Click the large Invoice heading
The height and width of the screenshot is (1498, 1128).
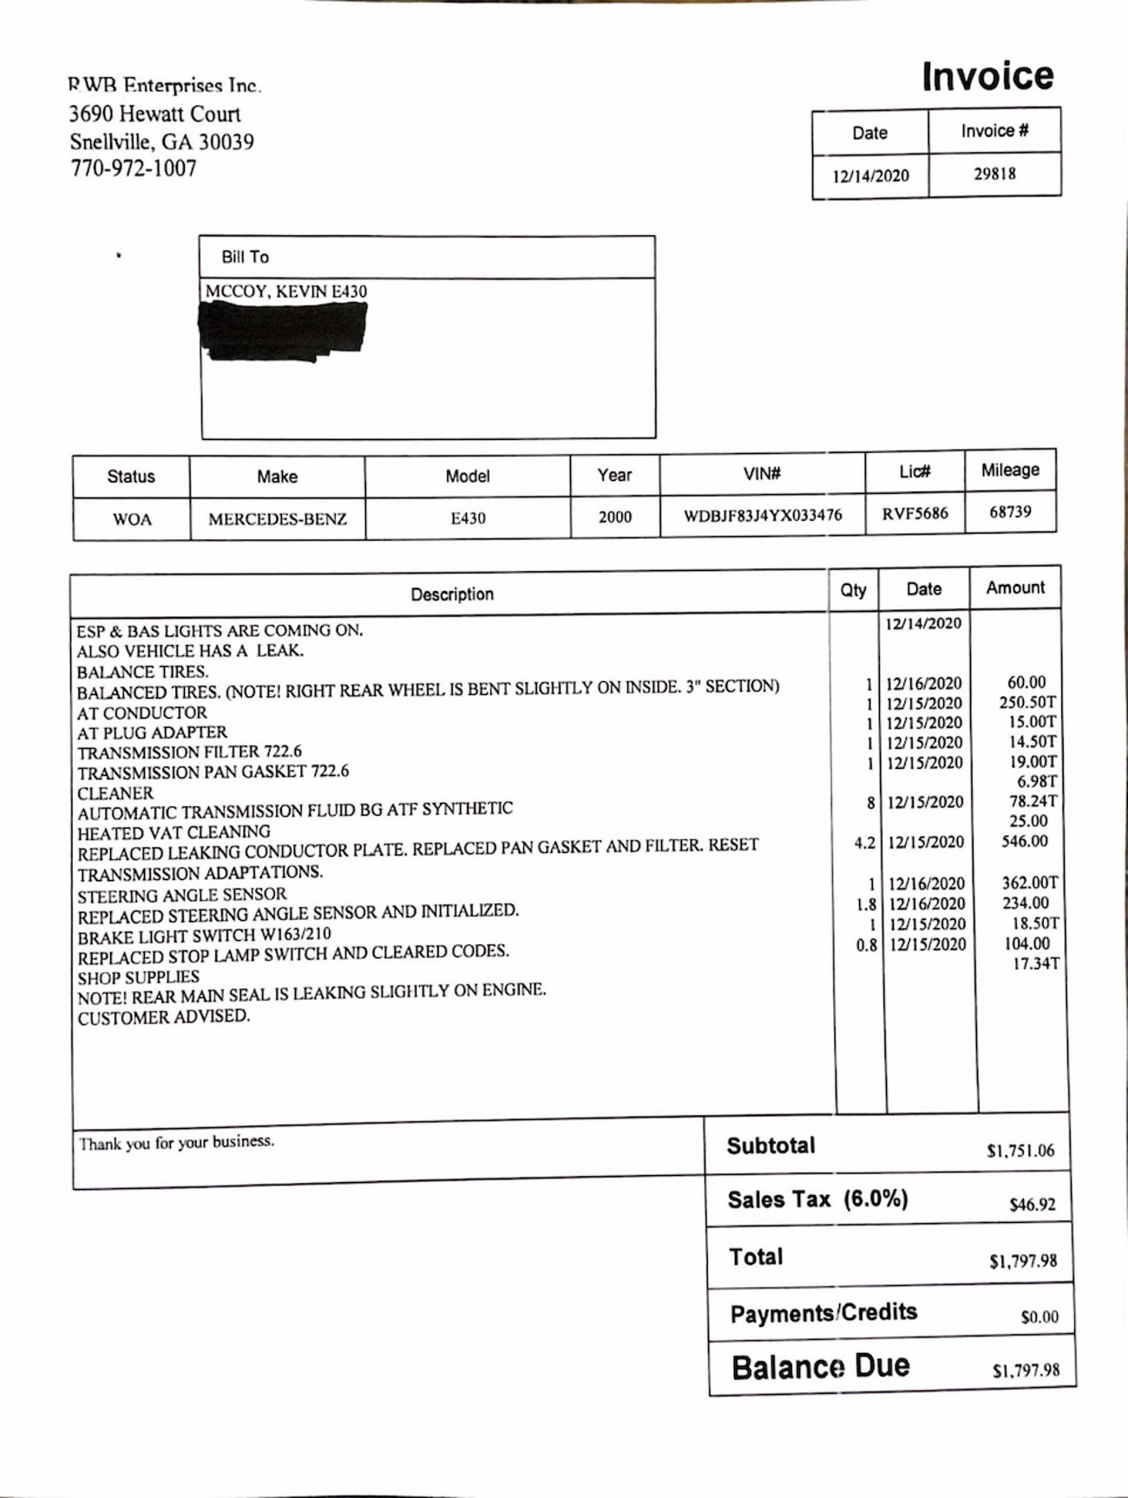(x=987, y=76)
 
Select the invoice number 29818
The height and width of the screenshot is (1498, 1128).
(x=994, y=174)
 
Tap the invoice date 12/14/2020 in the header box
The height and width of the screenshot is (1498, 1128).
(x=870, y=176)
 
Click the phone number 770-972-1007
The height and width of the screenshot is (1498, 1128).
(x=134, y=168)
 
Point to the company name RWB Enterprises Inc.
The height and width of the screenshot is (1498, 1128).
(x=164, y=85)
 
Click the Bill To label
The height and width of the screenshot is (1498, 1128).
(x=245, y=257)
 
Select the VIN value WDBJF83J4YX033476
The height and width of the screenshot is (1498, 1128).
(x=763, y=516)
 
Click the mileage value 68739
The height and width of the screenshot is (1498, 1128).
(x=1010, y=512)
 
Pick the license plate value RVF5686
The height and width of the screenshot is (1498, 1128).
(x=915, y=513)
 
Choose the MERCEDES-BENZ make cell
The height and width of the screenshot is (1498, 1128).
(x=277, y=519)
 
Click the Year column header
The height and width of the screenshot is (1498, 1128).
(x=614, y=475)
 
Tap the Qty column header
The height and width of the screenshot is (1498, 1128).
(x=853, y=590)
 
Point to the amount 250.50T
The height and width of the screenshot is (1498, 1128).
(x=1027, y=702)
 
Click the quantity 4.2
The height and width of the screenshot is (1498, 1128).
(x=864, y=843)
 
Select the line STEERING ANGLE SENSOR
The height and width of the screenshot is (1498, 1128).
(x=181, y=895)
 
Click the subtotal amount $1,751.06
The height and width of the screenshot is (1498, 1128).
(x=1020, y=1151)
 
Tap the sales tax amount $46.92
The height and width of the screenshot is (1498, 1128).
(x=1032, y=1205)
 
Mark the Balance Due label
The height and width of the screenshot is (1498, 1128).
(x=820, y=1367)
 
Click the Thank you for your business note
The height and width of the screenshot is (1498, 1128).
(x=177, y=1142)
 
